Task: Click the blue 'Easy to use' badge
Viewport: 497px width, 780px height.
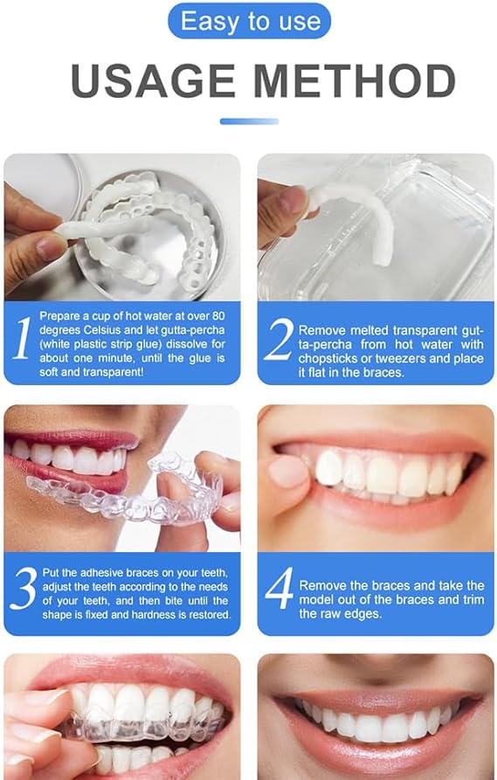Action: coord(249,21)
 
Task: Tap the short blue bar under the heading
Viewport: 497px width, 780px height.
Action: coord(249,121)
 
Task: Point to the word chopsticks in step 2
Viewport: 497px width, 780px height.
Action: coord(330,359)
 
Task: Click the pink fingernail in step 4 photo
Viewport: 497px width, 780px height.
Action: coord(287,471)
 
